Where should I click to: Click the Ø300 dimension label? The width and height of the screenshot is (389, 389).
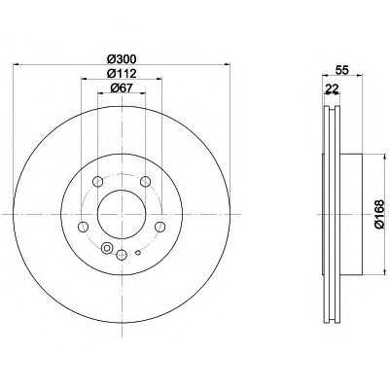point(122,59)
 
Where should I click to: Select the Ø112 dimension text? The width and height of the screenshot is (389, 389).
point(122,74)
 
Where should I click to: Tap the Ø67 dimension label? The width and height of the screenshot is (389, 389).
point(122,88)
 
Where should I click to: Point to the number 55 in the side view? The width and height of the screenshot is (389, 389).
point(342,70)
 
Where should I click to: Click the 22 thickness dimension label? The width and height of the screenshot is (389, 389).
point(332,88)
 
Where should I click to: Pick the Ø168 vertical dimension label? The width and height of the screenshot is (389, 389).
point(379,215)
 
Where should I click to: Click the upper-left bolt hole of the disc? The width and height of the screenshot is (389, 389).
point(97,182)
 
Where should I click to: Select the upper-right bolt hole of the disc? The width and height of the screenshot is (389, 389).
point(146,182)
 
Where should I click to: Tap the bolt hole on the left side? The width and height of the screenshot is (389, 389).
point(84,227)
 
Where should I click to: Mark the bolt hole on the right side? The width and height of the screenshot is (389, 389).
point(159,227)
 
